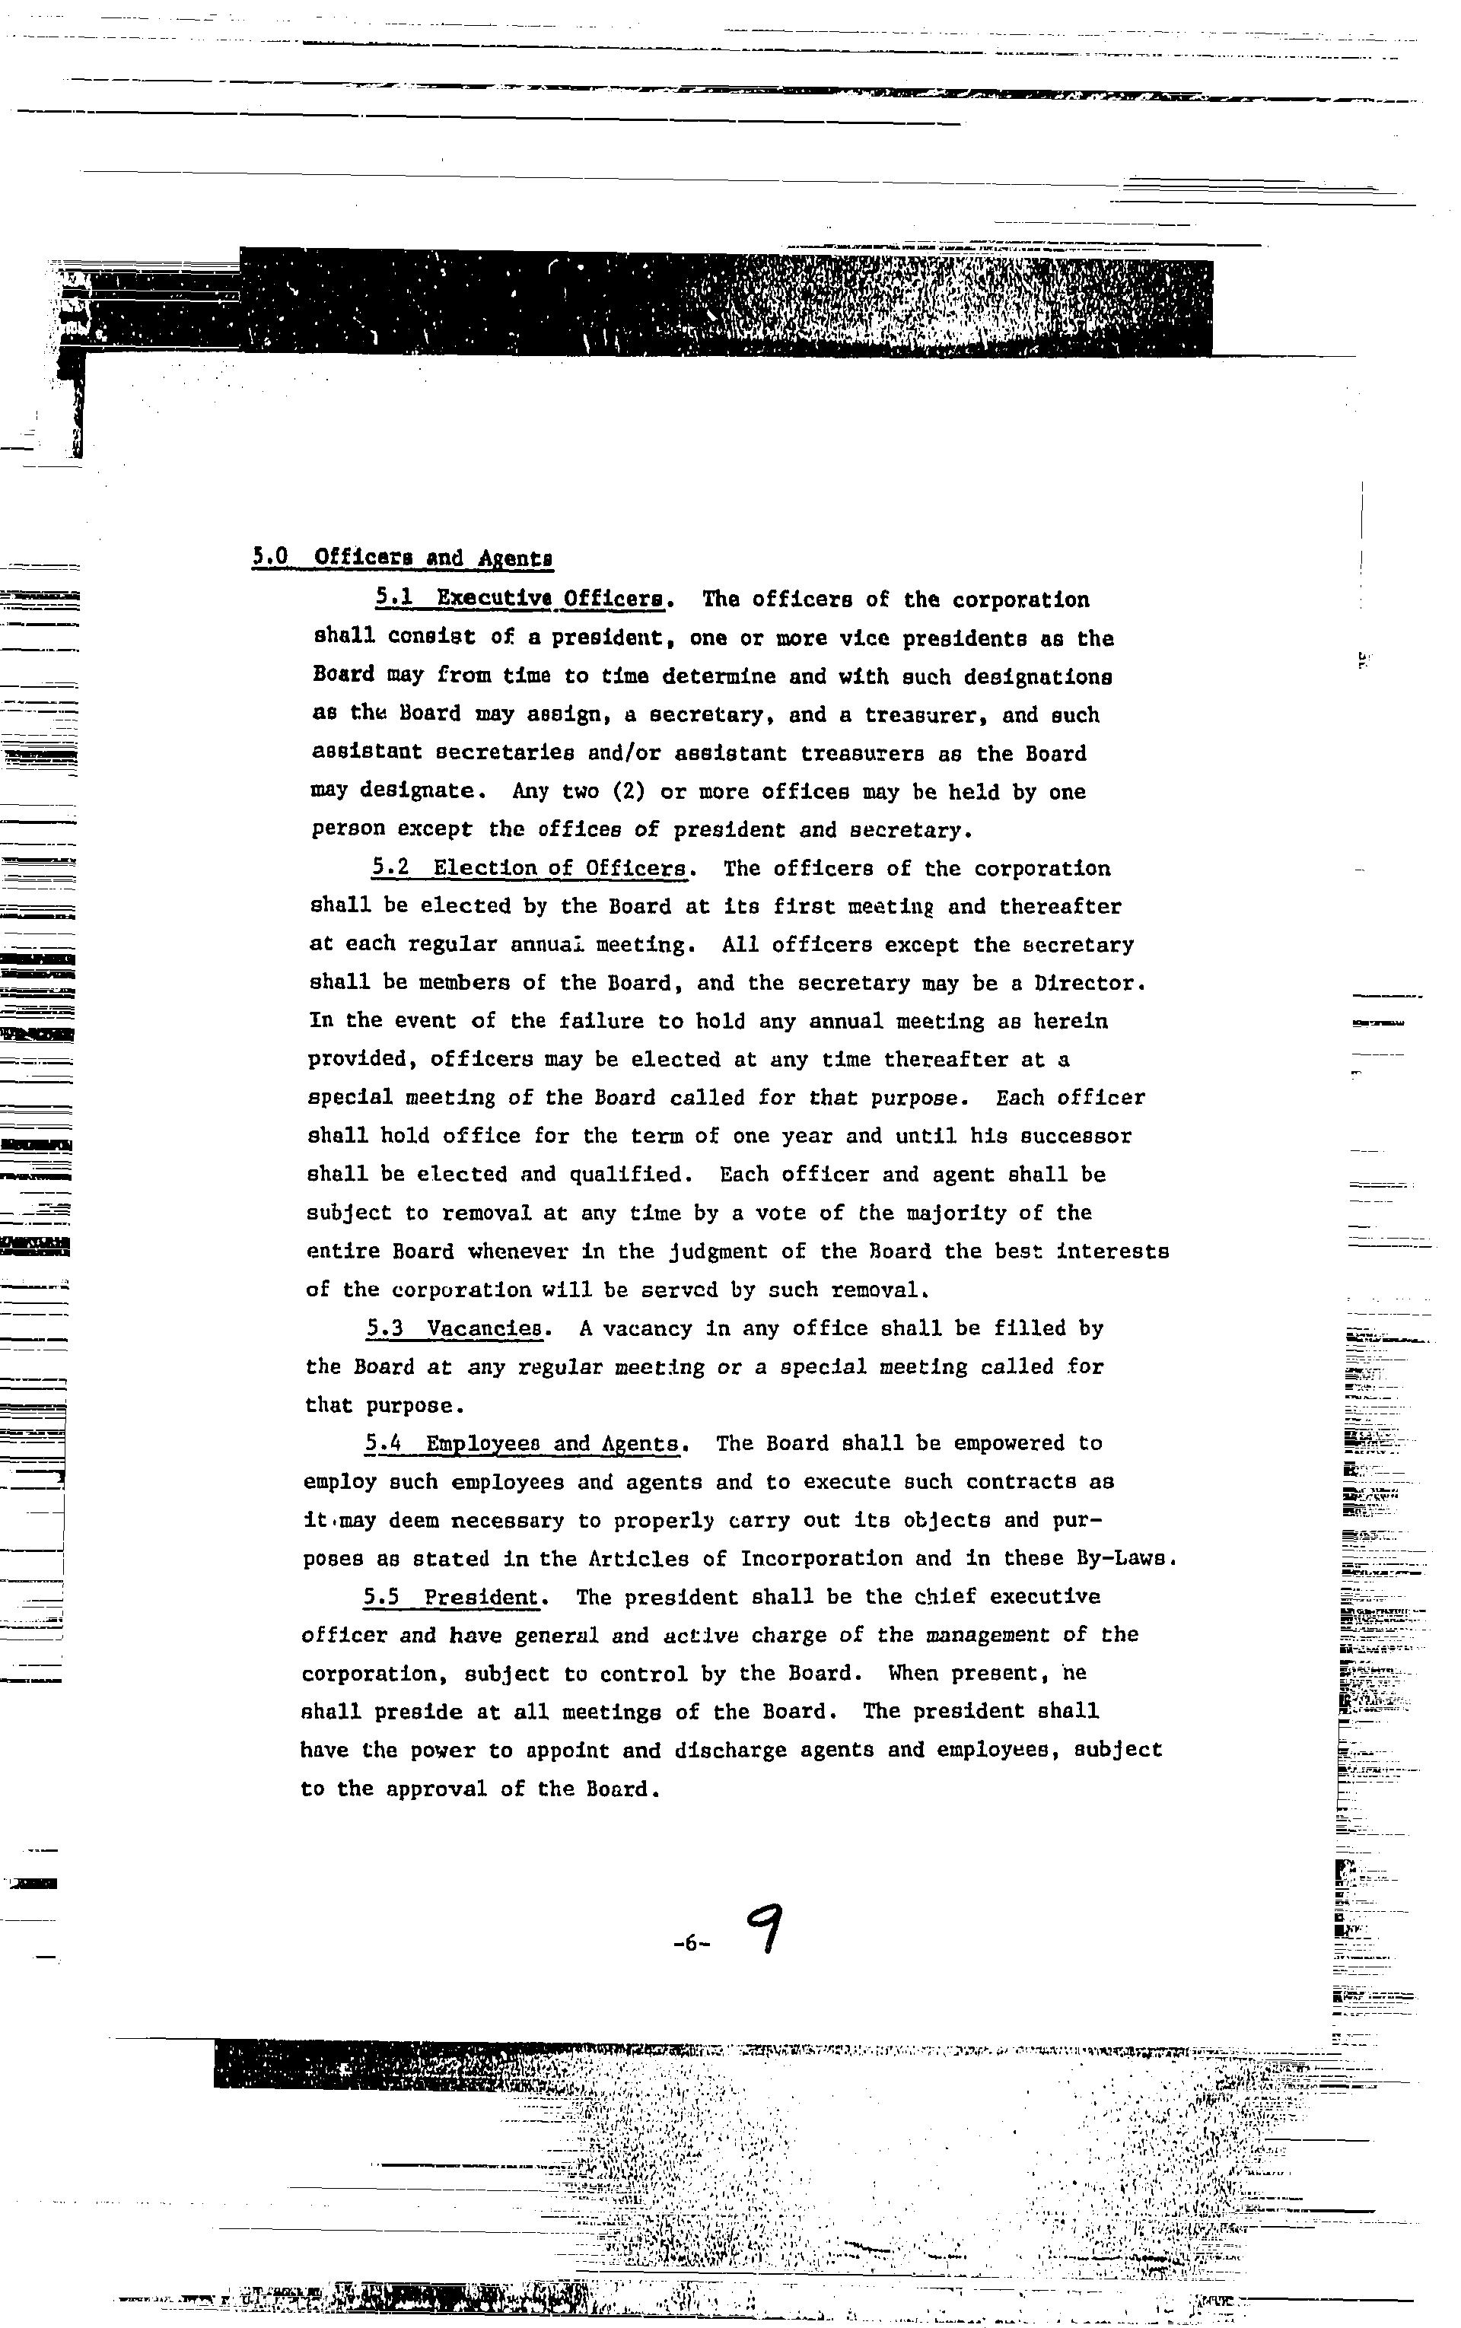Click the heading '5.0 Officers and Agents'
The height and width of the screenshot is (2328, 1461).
coord(402,558)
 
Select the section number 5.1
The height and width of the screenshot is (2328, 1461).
coord(395,599)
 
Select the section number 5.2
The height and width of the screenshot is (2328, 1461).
coord(391,868)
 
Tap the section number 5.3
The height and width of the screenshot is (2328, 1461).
coord(384,1329)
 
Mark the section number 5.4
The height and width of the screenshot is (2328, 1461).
coord(384,1444)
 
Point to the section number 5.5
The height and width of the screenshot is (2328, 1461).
coord(382,1598)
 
